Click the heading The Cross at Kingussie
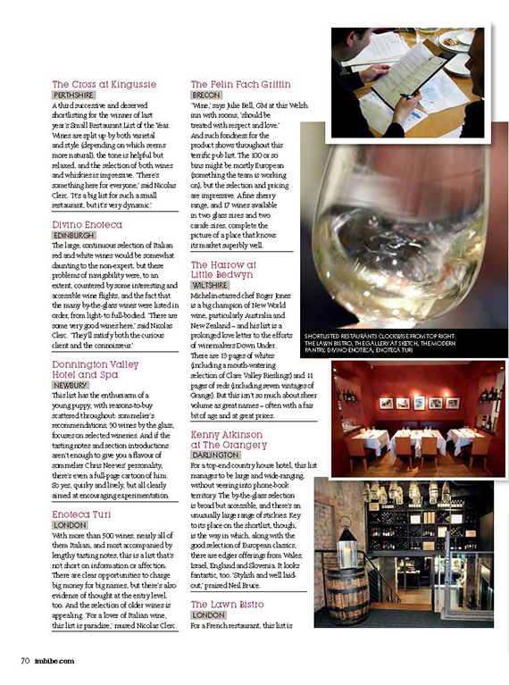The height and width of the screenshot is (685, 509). pyautogui.click(x=104, y=84)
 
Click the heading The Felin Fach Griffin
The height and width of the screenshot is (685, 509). pyautogui.click(x=240, y=84)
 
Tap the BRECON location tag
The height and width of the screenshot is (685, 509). pyautogui.click(x=206, y=94)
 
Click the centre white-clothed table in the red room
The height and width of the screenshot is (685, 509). pyautogui.click(x=416, y=439)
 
